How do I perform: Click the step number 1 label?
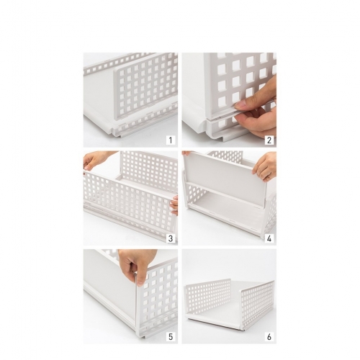[171, 140]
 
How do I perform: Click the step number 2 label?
[269, 140]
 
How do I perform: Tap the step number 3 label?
[171, 238]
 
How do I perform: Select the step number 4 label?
[269, 238]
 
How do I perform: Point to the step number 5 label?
[171, 337]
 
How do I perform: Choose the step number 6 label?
[269, 337]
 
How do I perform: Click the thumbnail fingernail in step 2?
[240, 104]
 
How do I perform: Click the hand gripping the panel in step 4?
[265, 166]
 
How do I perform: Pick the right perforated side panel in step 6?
[257, 304]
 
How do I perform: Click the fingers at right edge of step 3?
[174, 205]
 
